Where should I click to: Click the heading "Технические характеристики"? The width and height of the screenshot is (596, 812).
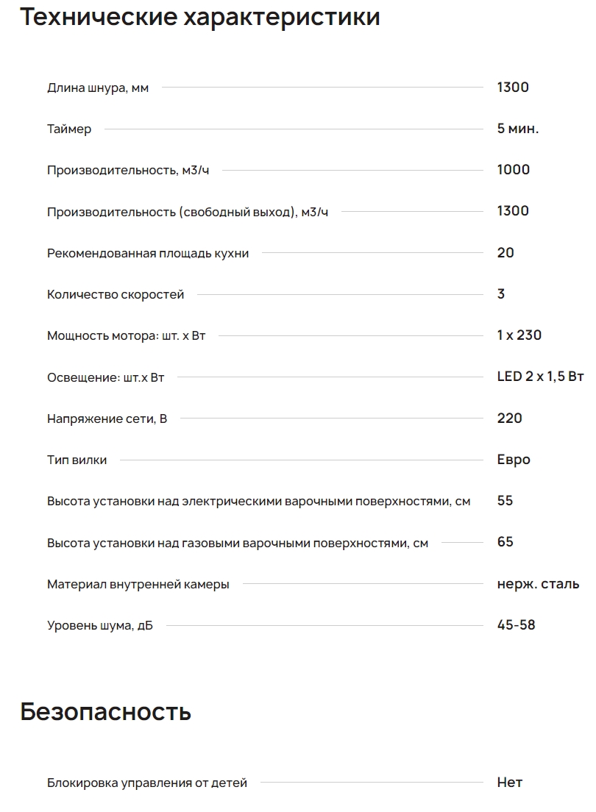coord(199,16)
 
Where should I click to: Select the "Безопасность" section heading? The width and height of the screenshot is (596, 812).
coord(105,712)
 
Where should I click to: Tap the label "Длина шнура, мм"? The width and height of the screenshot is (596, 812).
coord(98,88)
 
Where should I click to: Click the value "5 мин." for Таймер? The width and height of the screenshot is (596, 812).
coord(518,129)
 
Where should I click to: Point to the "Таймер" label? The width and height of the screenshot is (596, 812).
coord(69,129)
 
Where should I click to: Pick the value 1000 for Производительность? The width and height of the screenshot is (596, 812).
coord(514,170)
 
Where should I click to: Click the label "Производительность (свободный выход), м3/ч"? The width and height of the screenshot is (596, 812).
coord(188,212)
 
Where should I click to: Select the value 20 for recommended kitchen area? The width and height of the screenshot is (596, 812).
coord(505,253)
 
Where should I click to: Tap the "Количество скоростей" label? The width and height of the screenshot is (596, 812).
coord(116,295)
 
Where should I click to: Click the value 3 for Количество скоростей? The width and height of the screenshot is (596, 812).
coord(501,294)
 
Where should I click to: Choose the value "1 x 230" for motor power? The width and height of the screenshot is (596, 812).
coord(519,335)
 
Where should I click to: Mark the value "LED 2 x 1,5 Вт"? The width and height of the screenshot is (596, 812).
coord(540,377)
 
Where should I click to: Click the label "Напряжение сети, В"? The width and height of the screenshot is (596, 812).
coord(107,419)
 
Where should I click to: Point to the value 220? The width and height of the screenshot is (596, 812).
coord(510,419)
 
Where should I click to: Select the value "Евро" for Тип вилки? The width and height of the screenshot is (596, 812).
coord(514,460)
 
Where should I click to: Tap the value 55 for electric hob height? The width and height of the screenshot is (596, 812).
coord(505,501)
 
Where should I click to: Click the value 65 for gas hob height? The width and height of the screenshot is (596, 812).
coord(505,542)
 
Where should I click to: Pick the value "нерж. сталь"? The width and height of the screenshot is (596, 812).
coord(538,584)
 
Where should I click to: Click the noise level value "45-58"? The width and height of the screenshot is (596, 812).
coord(517,625)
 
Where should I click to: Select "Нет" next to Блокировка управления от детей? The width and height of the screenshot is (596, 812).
coord(510,783)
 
